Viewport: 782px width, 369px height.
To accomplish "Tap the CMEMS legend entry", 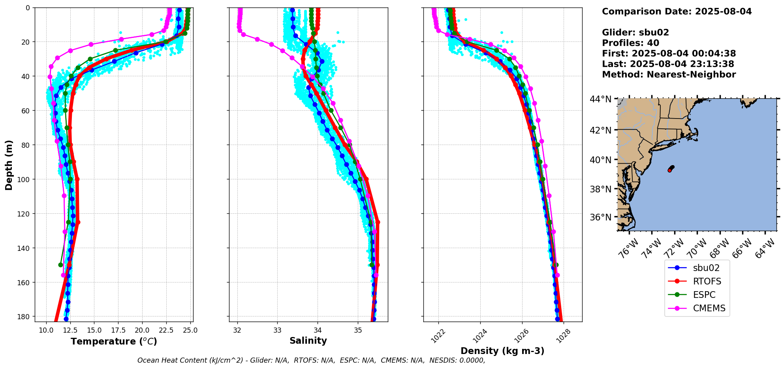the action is (x=697, y=308).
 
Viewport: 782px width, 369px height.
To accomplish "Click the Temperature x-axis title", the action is (x=114, y=341).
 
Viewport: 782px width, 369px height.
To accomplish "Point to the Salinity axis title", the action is (x=308, y=341).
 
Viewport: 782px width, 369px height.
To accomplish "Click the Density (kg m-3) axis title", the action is (x=502, y=351).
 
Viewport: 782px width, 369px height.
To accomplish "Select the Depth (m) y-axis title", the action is (x=9, y=165).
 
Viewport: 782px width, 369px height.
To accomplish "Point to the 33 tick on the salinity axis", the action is (x=277, y=330).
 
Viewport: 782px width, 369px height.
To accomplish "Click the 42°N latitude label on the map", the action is (x=601, y=130).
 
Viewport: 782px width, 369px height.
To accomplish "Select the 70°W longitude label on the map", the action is (x=697, y=249).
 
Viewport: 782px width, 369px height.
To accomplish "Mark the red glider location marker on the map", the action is (x=669, y=170).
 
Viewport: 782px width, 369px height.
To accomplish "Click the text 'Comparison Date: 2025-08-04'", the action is (x=677, y=11).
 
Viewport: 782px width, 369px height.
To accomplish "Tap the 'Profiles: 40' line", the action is (x=631, y=43).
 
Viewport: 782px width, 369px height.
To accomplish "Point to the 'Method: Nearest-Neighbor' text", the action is (x=669, y=75).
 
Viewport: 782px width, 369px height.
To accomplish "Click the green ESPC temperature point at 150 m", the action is (x=60, y=265).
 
